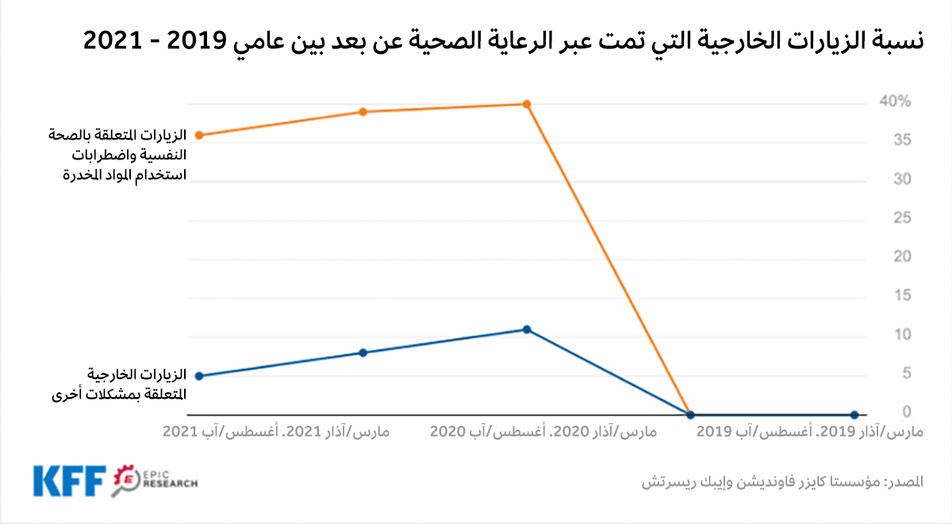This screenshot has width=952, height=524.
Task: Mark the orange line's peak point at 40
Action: click(527, 104)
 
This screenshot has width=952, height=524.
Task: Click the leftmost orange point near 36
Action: click(198, 136)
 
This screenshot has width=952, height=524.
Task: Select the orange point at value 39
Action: click(363, 112)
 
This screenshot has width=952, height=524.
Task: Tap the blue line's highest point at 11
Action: click(527, 329)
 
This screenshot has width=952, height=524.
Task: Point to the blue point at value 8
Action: click(363, 353)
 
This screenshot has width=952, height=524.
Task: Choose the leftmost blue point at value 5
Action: click(198, 376)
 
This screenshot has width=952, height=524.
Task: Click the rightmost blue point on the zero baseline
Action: click(854, 415)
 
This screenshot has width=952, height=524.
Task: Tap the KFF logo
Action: click(70, 480)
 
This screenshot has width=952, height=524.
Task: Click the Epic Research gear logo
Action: click(128, 480)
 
